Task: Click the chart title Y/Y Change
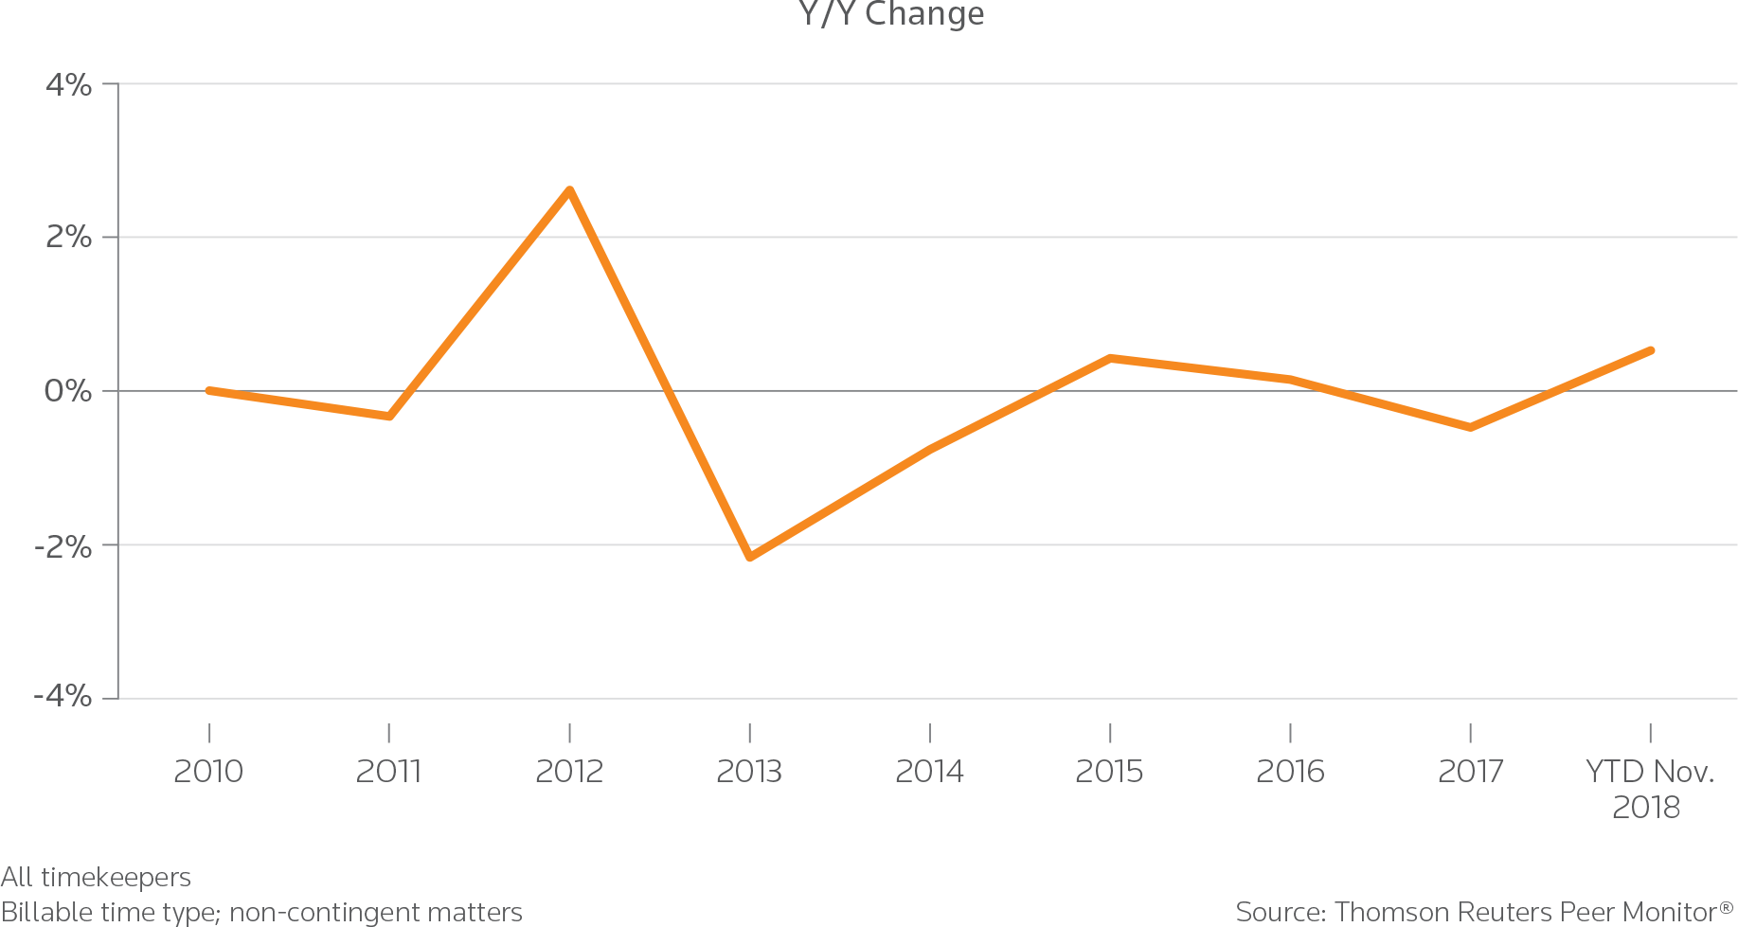891,13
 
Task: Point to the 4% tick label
69,85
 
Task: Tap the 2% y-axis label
69,237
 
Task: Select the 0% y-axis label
68,390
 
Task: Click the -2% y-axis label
63,545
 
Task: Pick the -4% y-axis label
63,697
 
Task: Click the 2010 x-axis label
208,772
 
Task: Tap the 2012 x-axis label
568,772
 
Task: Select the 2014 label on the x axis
929,772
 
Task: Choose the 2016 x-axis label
1290,772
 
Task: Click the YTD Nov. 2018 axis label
1649,789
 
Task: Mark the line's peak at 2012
569,190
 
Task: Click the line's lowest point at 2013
750,557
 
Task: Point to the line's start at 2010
208,390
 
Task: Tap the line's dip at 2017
1470,427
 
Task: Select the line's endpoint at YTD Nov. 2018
1651,350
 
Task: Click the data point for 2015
1110,358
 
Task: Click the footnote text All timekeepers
96,877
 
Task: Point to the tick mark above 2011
388,732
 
